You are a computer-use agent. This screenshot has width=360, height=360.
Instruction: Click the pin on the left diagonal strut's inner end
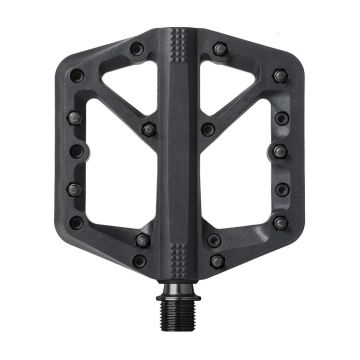148,129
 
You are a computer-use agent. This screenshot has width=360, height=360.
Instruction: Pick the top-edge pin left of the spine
136,48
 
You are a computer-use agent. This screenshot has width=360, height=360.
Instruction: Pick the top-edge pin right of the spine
219,48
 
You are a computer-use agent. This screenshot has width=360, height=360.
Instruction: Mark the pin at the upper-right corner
278,75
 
